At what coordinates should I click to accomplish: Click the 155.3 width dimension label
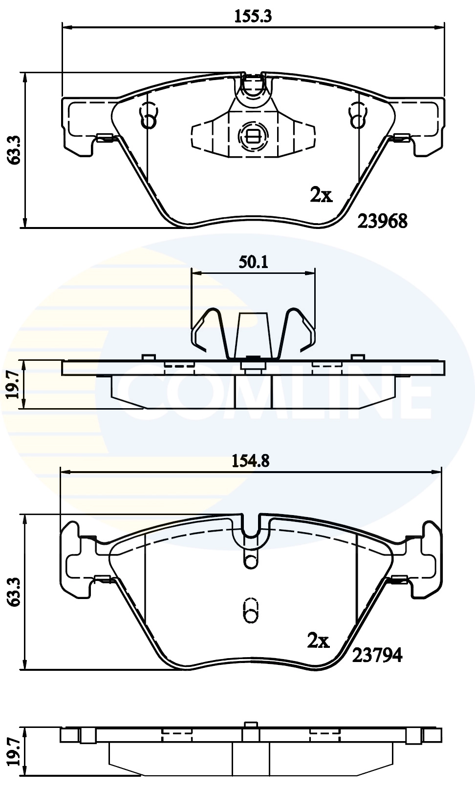tap(253, 16)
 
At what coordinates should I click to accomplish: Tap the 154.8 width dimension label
tap(251, 460)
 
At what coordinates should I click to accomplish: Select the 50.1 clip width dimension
tap(253, 262)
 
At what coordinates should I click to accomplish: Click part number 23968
tap(383, 221)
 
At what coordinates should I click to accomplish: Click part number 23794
tap(377, 655)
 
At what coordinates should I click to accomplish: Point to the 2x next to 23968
tap(321, 195)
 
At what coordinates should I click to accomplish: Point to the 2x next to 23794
tap(318, 641)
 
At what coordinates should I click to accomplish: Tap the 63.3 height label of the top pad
tap(15, 150)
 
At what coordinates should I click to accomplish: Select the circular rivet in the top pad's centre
tap(253, 135)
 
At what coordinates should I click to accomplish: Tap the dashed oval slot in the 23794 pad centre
tap(251, 610)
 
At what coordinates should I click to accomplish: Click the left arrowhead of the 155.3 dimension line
tap(66, 27)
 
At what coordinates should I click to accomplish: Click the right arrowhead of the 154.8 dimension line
tap(438, 472)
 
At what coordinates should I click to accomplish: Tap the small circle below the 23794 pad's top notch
tap(251, 561)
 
